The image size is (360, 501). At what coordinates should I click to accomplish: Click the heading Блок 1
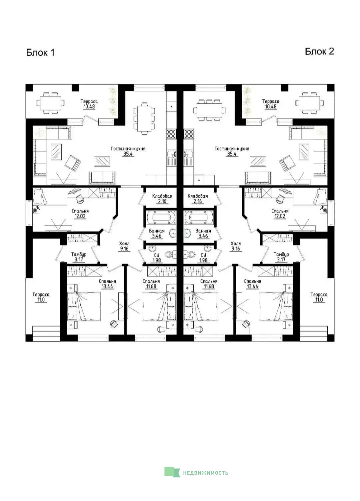(40, 53)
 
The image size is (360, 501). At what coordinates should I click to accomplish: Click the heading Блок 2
(319, 51)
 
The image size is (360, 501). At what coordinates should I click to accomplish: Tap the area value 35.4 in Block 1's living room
(128, 154)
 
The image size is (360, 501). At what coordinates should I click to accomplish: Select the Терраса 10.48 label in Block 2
(271, 104)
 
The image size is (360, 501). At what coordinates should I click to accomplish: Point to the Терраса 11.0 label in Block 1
(41, 297)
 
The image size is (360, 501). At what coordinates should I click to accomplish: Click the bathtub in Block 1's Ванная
(160, 217)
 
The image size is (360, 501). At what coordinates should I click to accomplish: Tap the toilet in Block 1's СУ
(170, 254)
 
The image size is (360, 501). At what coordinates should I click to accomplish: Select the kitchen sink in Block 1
(172, 154)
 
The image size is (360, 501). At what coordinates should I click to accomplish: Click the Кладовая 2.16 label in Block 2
(198, 199)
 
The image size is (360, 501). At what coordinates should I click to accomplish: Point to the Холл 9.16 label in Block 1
(124, 246)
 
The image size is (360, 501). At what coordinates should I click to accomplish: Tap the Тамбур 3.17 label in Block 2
(281, 257)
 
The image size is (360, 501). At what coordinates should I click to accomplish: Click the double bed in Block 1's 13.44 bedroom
(84, 306)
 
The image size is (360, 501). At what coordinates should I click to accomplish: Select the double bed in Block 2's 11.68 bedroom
(200, 306)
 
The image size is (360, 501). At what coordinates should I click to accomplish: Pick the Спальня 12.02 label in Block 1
(80, 214)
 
